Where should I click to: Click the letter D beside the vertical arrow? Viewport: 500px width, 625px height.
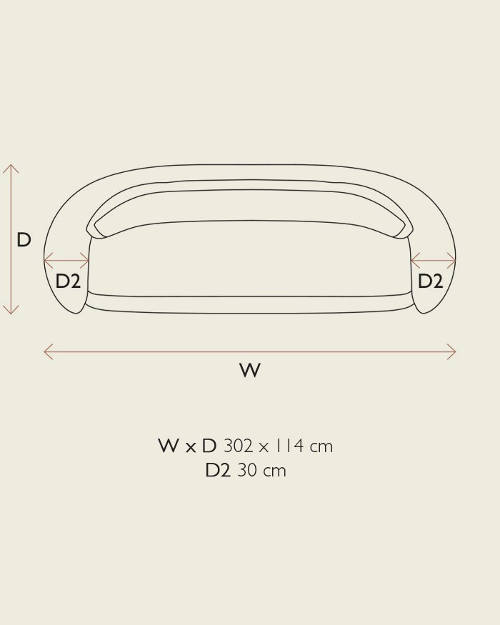(24, 240)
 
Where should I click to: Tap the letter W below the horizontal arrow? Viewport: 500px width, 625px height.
(250, 370)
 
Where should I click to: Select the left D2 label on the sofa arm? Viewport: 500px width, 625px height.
(68, 281)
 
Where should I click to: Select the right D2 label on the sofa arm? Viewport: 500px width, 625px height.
(430, 281)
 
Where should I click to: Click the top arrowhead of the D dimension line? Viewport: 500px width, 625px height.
(11, 165)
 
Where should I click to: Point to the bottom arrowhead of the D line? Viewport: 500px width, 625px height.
(11, 313)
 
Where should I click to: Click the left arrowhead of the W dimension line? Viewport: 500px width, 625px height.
(45, 352)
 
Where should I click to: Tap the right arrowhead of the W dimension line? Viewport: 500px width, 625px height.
(455, 352)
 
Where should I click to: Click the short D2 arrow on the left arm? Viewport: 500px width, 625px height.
(66, 261)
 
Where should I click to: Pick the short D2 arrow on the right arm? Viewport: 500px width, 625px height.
(433, 261)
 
